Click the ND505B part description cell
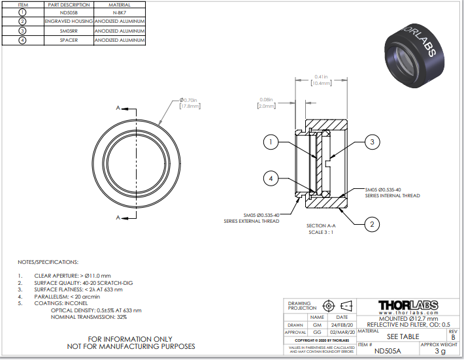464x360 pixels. coord(69,12)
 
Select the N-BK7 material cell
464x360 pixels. coord(119,12)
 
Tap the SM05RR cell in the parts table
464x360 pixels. coord(69,31)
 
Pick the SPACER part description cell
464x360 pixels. coord(69,40)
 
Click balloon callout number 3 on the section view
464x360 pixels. coord(371,141)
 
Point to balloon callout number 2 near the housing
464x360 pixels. coord(371,225)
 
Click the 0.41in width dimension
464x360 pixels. coord(321,80)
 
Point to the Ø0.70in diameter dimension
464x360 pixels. coord(190,102)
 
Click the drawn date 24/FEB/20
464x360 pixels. coord(342,325)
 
